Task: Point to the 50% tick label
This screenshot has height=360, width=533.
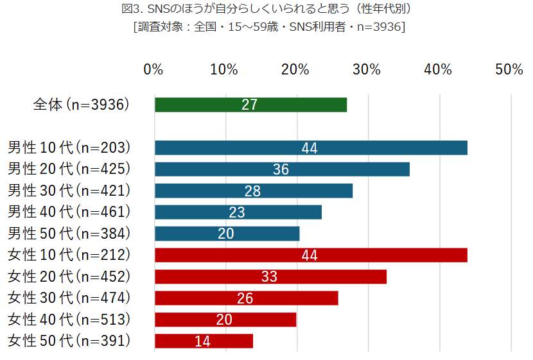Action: (x=509, y=69)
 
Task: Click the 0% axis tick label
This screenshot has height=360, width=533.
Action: (x=153, y=69)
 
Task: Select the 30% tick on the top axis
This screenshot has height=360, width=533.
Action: (x=367, y=69)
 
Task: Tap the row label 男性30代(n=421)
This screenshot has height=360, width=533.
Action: (x=69, y=191)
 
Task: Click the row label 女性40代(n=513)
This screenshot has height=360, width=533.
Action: (x=69, y=319)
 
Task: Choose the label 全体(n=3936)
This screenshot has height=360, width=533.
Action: (x=82, y=105)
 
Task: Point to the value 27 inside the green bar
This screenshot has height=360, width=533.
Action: (x=249, y=105)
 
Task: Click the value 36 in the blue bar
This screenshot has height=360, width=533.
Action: (x=281, y=169)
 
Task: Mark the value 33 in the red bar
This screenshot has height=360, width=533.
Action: (x=269, y=277)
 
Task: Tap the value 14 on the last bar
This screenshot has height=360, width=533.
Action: (x=202, y=341)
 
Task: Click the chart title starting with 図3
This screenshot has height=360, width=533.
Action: (x=266, y=10)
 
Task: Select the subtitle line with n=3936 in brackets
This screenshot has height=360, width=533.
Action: (x=266, y=27)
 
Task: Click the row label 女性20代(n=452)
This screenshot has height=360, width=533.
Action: (x=69, y=277)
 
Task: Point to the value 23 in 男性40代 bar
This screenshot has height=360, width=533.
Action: (x=237, y=212)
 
